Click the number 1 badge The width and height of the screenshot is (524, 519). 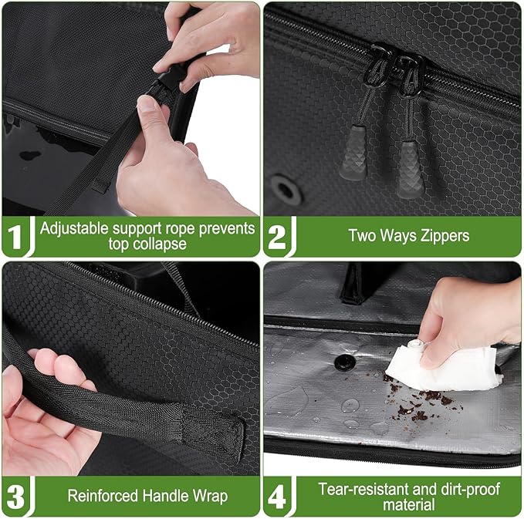[15, 236]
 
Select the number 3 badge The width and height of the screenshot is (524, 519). [15, 495]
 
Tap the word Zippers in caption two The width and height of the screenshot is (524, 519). [441, 236]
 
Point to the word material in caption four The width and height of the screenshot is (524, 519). [410, 504]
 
